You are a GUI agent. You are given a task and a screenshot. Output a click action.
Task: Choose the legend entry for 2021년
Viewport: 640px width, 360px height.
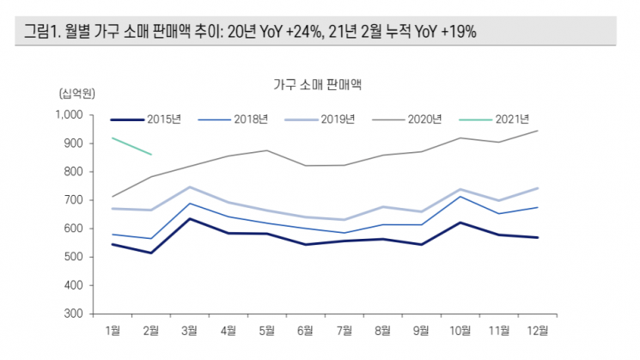click(511, 119)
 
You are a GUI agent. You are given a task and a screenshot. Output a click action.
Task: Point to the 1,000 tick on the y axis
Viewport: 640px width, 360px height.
click(67, 115)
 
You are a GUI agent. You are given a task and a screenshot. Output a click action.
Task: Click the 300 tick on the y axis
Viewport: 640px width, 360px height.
click(72, 314)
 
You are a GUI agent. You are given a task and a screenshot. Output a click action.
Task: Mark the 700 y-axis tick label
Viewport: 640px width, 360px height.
click(72, 200)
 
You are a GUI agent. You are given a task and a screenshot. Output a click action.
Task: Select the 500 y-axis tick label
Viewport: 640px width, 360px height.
click(72, 257)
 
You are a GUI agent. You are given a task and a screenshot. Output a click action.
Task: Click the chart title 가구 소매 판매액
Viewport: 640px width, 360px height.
click(320, 84)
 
